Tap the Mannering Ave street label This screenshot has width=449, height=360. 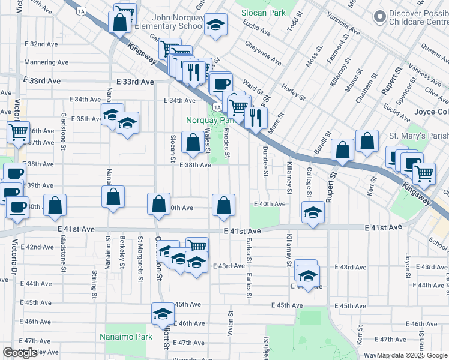(46, 62)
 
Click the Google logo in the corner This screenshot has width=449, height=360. (20, 353)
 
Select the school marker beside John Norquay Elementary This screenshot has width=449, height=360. (215, 25)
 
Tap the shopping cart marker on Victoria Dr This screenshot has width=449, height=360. (18, 131)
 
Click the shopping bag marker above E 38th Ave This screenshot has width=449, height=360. (193, 143)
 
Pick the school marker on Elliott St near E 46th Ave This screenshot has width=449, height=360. (163, 313)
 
